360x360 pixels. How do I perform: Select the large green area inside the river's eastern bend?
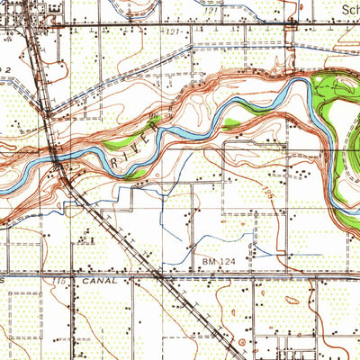337,135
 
